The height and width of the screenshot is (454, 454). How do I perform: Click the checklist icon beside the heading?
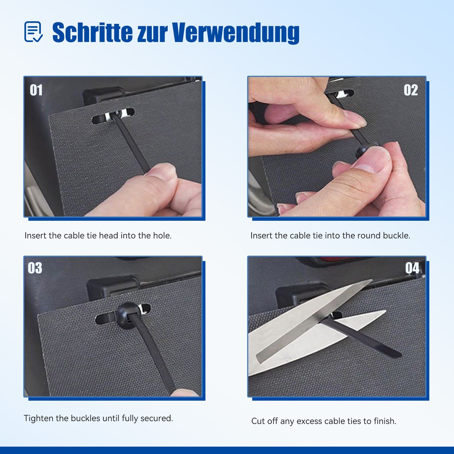click(33, 32)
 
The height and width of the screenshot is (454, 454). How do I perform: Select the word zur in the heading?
click(152, 34)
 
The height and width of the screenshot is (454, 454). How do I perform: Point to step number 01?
click(36, 90)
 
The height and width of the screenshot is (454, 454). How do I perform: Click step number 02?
click(411, 90)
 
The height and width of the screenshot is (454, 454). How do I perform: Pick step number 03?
click(35, 268)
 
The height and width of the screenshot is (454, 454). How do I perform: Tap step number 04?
click(412, 268)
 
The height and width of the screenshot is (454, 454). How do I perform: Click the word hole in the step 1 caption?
click(162, 236)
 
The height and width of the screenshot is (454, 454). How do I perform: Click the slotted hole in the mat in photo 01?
click(113, 116)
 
